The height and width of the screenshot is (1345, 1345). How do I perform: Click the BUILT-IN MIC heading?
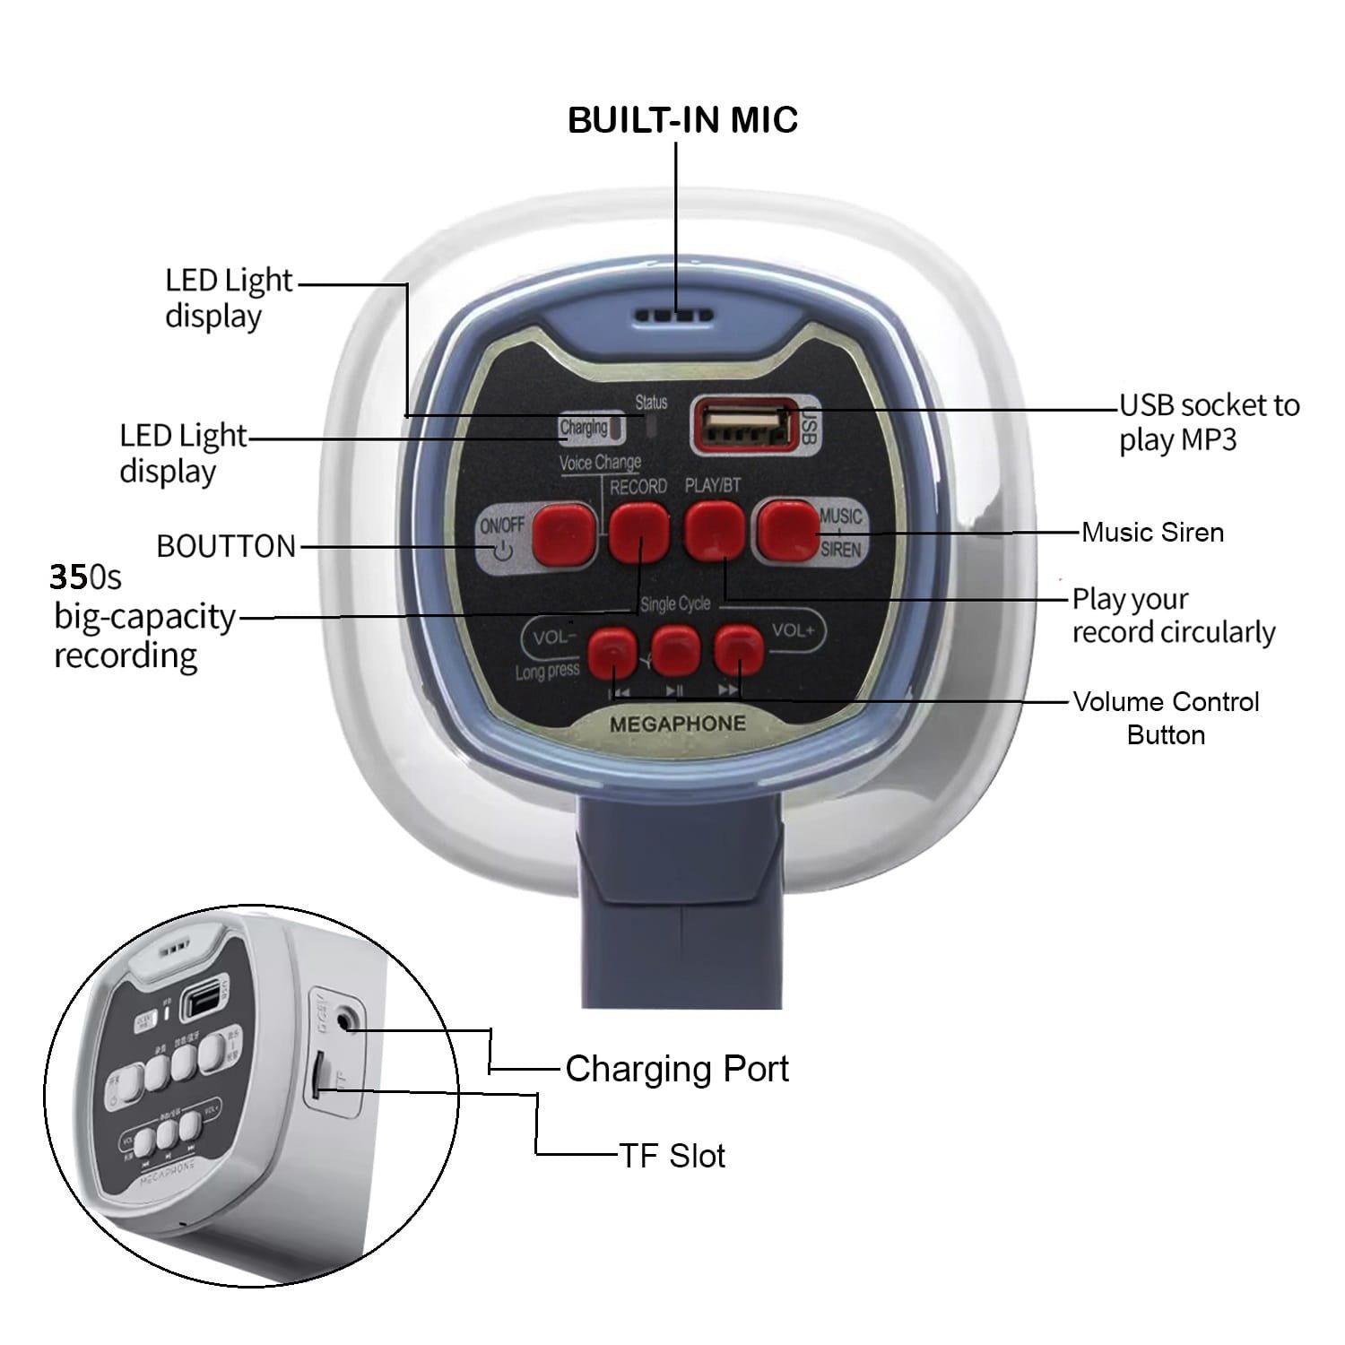click(682, 120)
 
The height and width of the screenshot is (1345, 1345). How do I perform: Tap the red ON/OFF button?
click(564, 534)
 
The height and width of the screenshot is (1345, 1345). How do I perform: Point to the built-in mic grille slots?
click(674, 316)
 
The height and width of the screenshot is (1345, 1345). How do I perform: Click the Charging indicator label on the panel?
click(584, 428)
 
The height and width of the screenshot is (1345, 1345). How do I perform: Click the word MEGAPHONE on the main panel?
click(677, 724)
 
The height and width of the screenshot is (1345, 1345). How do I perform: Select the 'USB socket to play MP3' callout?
click(1208, 422)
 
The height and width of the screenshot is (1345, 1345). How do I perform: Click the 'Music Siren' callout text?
click(1152, 532)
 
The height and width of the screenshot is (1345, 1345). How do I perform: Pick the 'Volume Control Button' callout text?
click(1166, 717)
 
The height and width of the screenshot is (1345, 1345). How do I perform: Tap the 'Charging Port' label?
click(677, 1069)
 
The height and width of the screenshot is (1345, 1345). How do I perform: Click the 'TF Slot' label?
click(672, 1156)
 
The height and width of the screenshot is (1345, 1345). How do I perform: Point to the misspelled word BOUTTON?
click(226, 546)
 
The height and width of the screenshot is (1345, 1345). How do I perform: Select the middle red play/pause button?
click(676, 649)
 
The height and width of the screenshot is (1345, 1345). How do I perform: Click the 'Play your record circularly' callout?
click(1173, 615)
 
